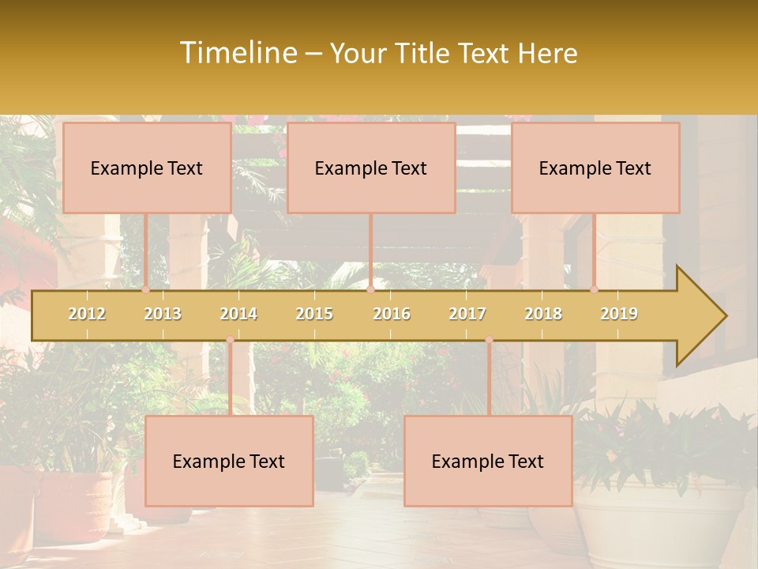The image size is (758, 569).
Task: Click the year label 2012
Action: [x=87, y=314]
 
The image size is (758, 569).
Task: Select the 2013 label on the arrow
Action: [x=163, y=314]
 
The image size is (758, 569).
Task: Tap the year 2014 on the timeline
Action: [x=238, y=314]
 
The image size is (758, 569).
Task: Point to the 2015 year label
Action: [x=314, y=314]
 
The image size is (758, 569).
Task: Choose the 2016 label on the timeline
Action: [x=392, y=314]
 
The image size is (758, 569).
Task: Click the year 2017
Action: [x=467, y=314]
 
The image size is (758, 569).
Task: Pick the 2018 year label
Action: [x=543, y=314]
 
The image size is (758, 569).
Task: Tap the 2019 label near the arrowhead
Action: [x=619, y=314]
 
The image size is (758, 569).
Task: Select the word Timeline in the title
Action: [x=238, y=53]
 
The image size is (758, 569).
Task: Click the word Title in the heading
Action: [x=422, y=54]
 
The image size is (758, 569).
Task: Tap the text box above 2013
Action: [x=147, y=168]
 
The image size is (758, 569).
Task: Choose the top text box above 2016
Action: [x=371, y=168]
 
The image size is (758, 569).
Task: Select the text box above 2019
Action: [x=595, y=168]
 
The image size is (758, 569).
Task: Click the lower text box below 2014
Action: [x=229, y=461]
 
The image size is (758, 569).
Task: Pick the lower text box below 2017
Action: [x=488, y=461]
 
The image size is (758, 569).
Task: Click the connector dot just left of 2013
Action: [x=146, y=290]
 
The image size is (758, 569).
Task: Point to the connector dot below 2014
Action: [x=230, y=340]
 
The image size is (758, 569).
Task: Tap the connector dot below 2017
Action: [x=489, y=340]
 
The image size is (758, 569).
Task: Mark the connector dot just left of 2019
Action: [x=595, y=290]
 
